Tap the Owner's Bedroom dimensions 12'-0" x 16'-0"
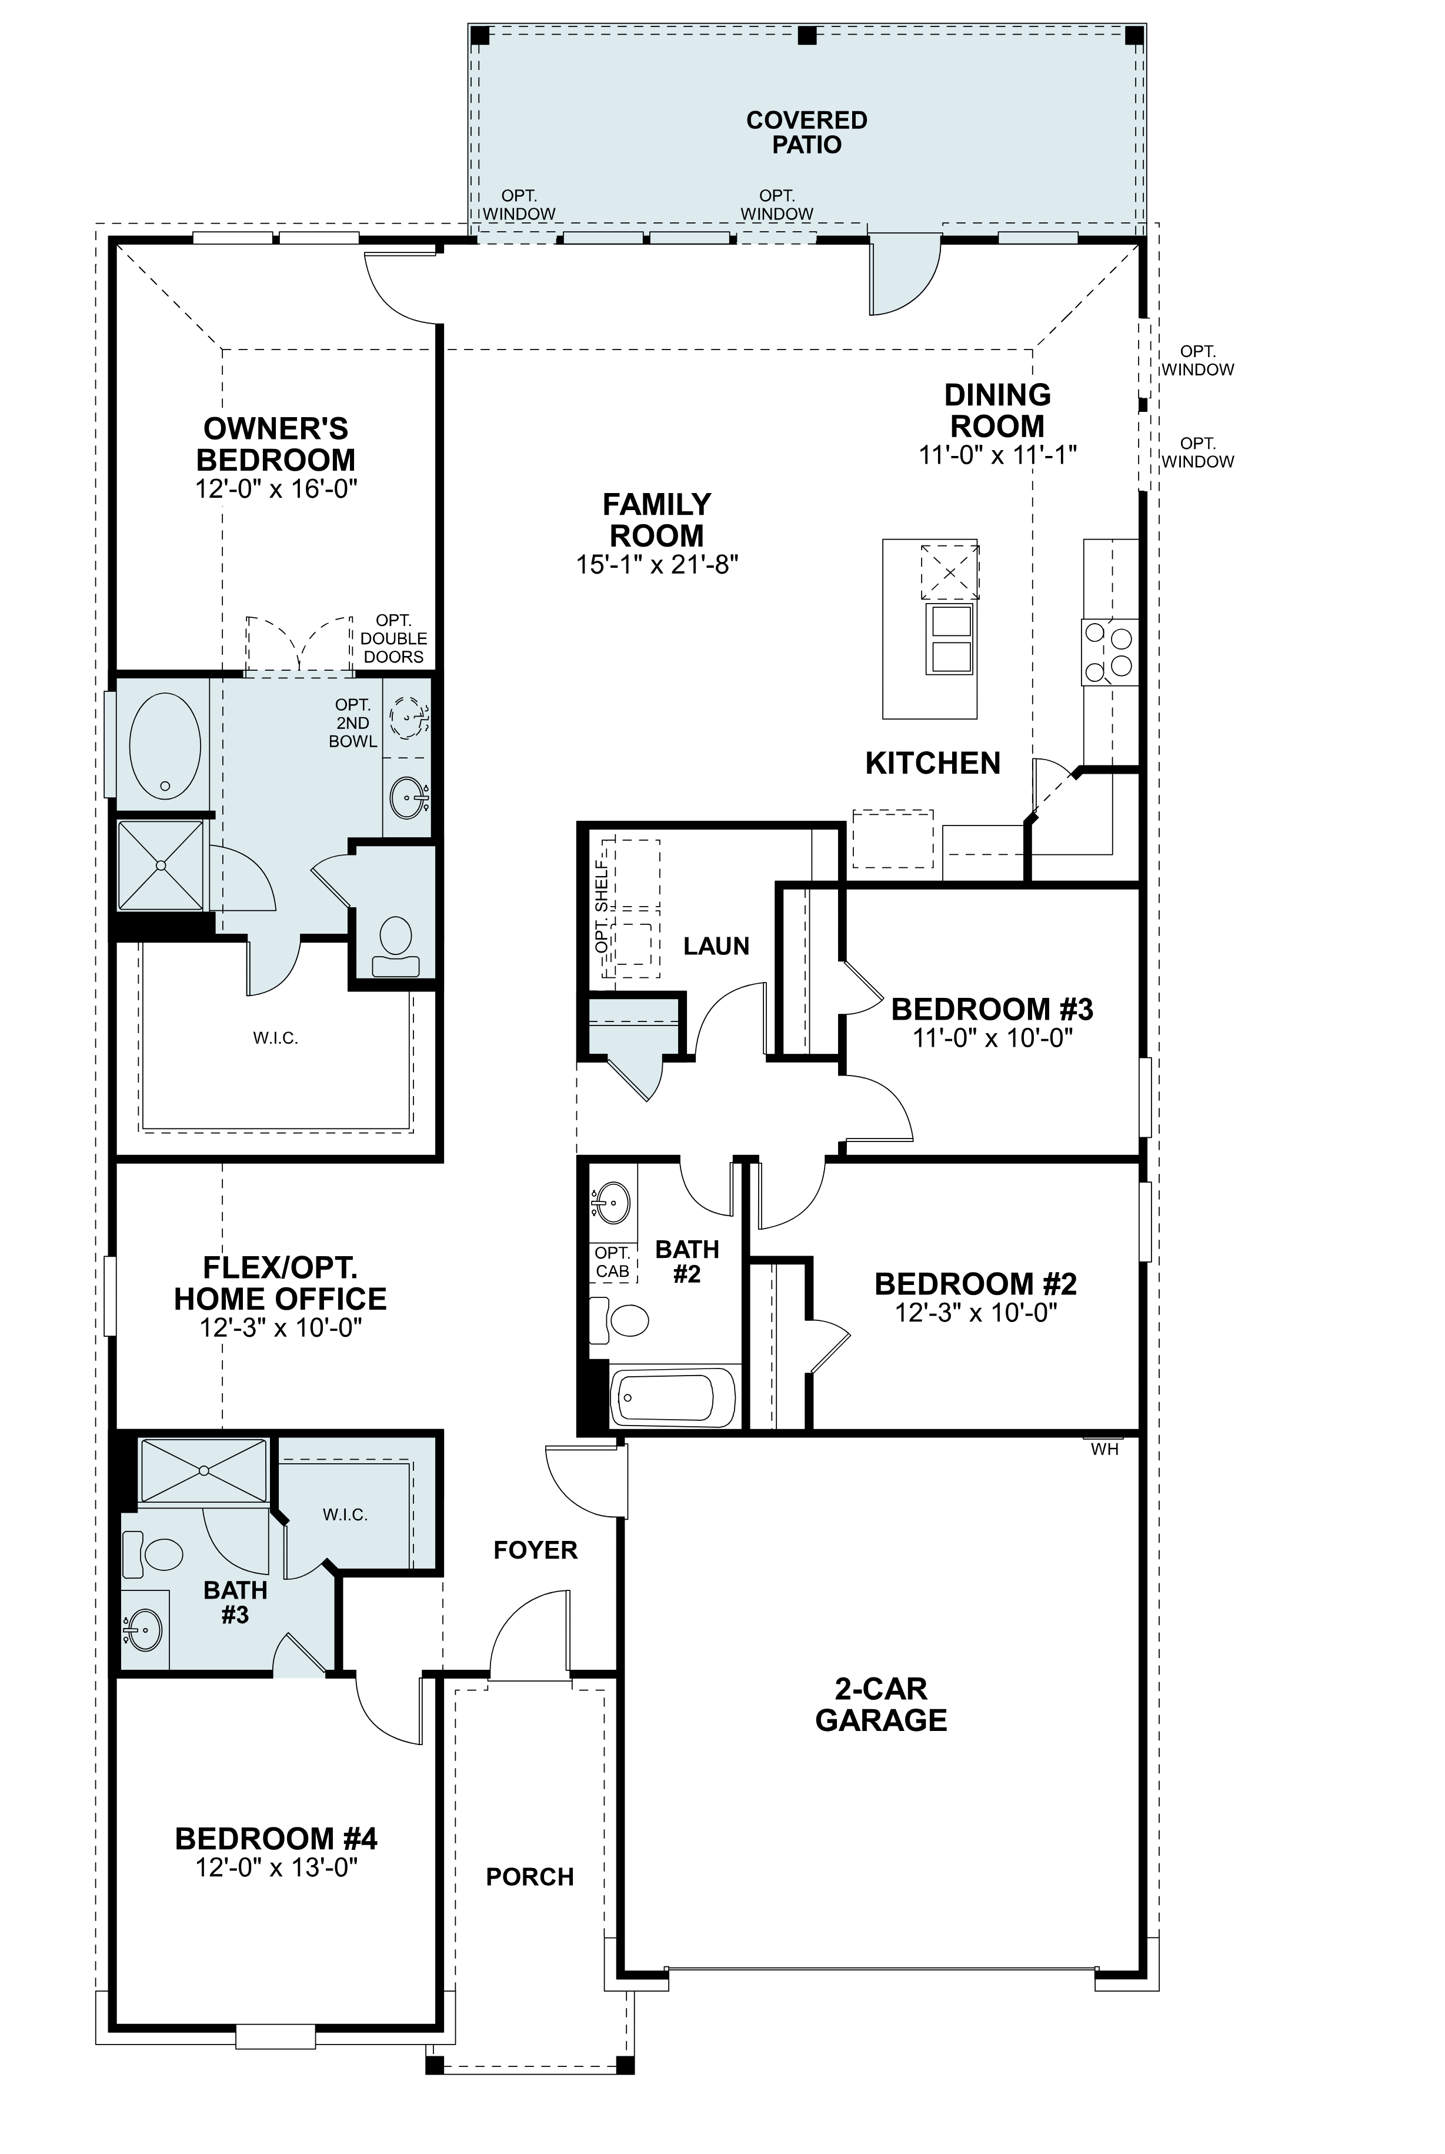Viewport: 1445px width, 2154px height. tap(276, 488)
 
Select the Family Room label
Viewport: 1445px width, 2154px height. tap(656, 520)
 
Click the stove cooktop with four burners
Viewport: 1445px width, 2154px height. tap(1110, 652)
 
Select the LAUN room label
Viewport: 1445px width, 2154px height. tap(716, 946)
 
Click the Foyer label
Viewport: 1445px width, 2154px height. tap(535, 1550)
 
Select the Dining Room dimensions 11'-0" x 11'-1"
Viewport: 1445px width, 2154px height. tap(998, 455)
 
